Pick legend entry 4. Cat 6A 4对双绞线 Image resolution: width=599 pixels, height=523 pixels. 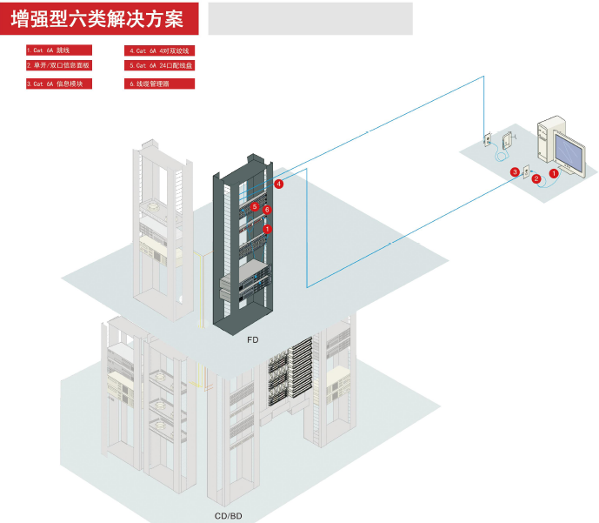(x=160, y=50)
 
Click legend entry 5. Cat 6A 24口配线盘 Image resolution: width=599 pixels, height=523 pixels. (x=160, y=65)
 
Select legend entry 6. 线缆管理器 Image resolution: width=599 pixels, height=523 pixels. (x=160, y=84)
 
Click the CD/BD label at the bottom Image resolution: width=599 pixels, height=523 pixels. (x=228, y=516)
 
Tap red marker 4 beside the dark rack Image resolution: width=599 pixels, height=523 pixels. (x=279, y=184)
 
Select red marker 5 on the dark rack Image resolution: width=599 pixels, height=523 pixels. (x=255, y=207)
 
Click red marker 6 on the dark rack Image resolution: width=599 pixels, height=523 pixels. (x=267, y=210)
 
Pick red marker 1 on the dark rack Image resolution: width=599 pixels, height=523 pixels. (x=268, y=228)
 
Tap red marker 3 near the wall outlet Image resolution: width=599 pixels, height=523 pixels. (x=515, y=172)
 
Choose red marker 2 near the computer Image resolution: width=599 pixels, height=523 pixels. (x=536, y=178)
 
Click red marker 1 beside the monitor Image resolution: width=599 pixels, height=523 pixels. (x=554, y=174)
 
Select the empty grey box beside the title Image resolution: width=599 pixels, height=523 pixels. (x=309, y=18)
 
